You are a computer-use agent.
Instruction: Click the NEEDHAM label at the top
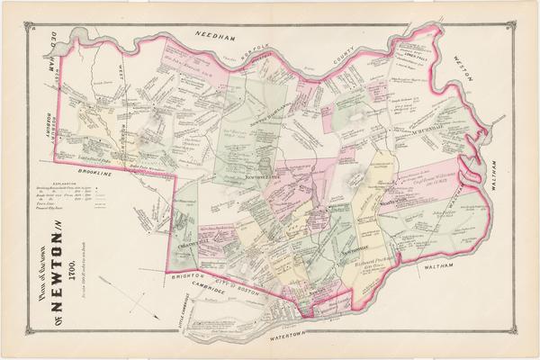[221, 33]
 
